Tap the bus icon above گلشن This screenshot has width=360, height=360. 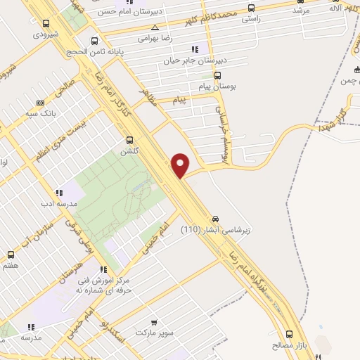[129, 140]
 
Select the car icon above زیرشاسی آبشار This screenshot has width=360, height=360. [216, 218]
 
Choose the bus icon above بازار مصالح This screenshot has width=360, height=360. [290, 335]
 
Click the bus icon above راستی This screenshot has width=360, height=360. [252, 9]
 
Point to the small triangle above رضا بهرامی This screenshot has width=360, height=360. [165, 27]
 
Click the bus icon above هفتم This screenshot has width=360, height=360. [10, 255]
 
